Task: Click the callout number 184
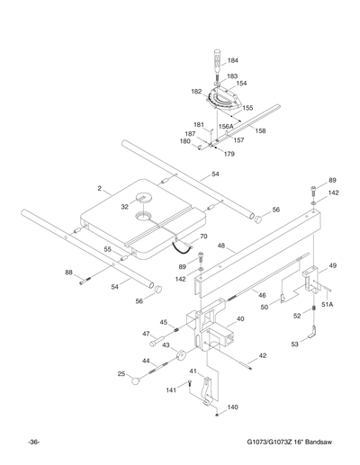[233, 60]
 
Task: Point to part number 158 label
[260, 131]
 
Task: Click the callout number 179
[229, 155]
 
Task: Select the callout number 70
[202, 237]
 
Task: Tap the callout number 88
[68, 273]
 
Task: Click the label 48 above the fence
[220, 245]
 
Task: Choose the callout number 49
[332, 265]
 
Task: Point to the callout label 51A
[328, 305]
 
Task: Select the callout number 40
[239, 318]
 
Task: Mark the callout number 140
[232, 407]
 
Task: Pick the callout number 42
[263, 356]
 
